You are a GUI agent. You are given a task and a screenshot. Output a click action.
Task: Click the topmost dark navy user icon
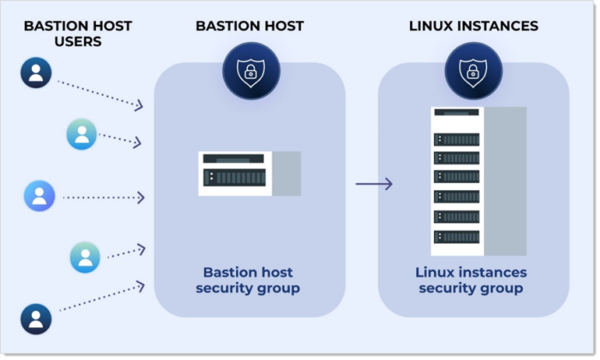[x=36, y=72]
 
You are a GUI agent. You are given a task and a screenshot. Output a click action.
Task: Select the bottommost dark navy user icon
[x=36, y=319]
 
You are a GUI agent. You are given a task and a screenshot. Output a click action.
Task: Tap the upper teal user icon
[x=82, y=134]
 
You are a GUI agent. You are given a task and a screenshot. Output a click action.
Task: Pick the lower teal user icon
[x=85, y=256]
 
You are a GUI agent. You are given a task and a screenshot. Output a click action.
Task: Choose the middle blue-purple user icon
[x=40, y=196]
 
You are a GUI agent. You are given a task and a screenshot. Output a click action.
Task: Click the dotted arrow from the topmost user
[x=100, y=92]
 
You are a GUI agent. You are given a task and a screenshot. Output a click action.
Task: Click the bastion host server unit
[x=235, y=174]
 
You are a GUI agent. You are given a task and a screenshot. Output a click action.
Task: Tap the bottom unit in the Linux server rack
[x=457, y=235]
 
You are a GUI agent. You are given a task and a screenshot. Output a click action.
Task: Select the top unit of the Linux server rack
[x=457, y=114]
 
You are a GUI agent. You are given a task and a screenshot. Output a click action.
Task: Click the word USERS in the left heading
[x=78, y=41]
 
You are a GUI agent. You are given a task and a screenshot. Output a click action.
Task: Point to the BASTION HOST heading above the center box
[x=249, y=26]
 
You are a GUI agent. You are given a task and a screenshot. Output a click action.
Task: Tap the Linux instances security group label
[x=471, y=281]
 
